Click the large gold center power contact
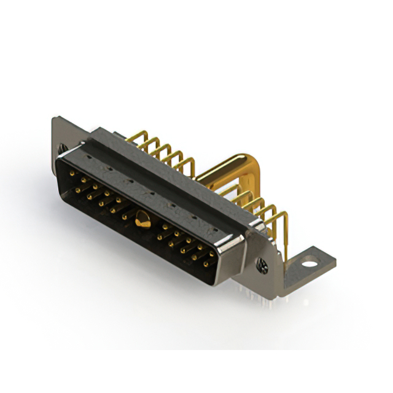click(x=142, y=218)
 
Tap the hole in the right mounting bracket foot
click(x=311, y=264)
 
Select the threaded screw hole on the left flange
click(x=62, y=147)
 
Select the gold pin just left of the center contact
click(x=125, y=216)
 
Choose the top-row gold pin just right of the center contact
click(x=165, y=227)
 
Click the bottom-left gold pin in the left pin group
click(x=78, y=190)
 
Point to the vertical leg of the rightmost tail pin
click(x=286, y=239)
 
